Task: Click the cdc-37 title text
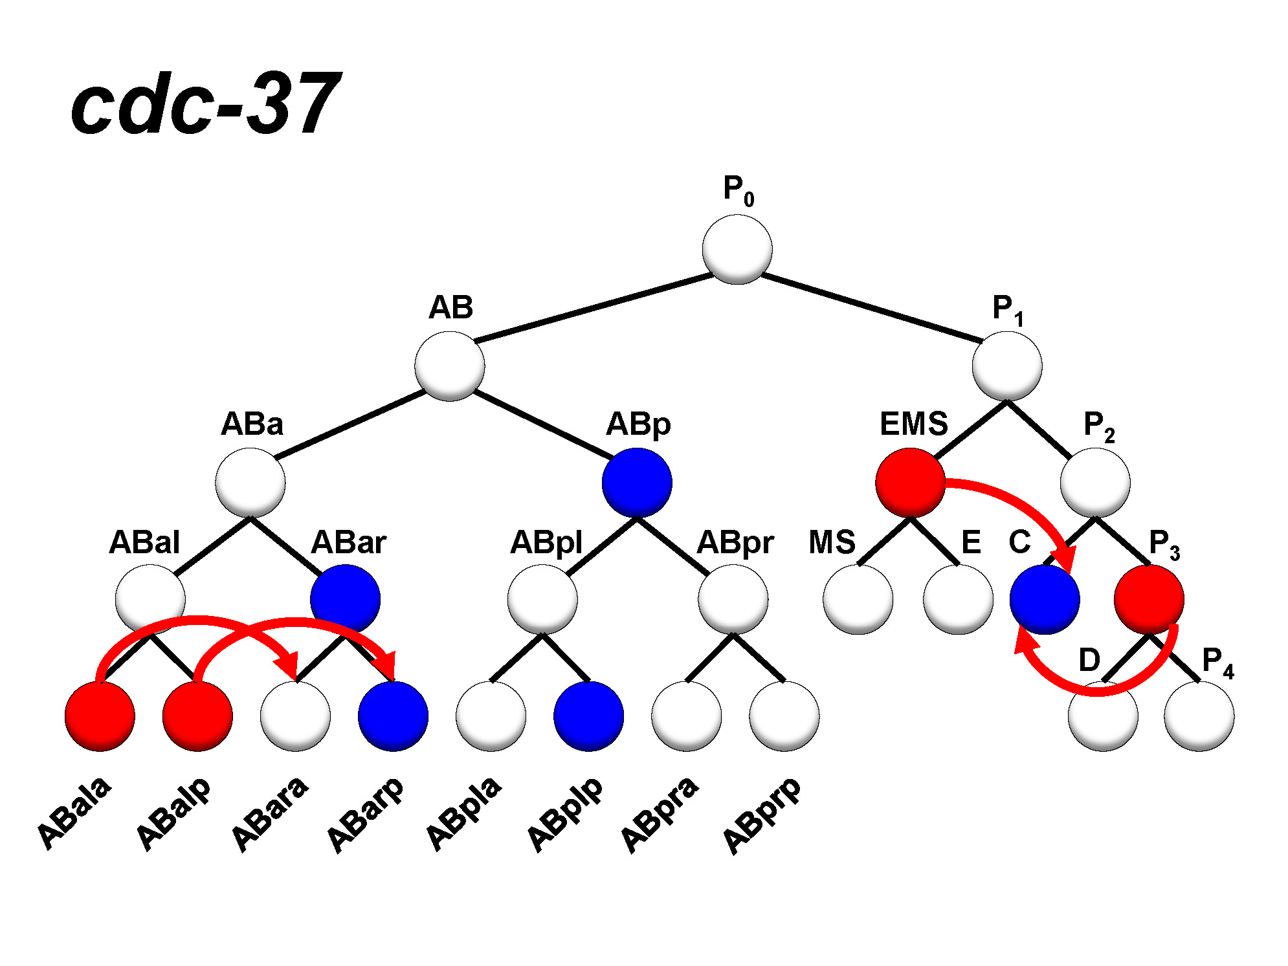tap(206, 104)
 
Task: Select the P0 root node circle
tap(737, 250)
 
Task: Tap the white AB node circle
tap(449, 366)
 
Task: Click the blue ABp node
tap(637, 483)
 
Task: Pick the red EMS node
tap(910, 483)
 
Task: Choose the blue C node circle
tap(1045, 599)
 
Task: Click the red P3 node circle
tap(1149, 599)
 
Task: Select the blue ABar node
tap(345, 599)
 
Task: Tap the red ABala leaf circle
tap(100, 716)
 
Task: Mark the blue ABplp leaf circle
tap(588, 716)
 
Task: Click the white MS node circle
tap(858, 599)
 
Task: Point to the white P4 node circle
tap(1199, 716)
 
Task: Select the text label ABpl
tap(546, 542)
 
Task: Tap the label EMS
tap(913, 424)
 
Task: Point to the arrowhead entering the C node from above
tap(1063, 558)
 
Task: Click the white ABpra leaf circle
tap(686, 716)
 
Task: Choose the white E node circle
tap(958, 599)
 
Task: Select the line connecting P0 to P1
tap(871, 308)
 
